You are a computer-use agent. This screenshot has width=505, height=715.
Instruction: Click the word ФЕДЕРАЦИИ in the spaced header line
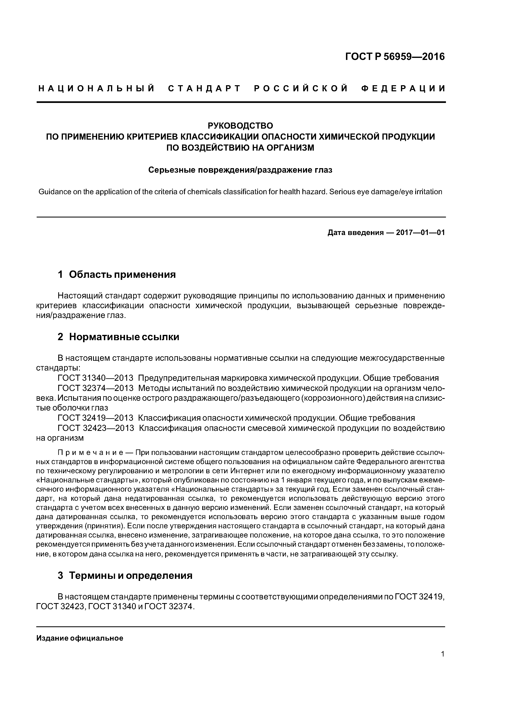[x=404, y=89]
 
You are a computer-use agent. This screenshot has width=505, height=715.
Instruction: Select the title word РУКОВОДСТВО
[x=240, y=126]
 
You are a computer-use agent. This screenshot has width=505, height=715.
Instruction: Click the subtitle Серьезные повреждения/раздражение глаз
[x=240, y=170]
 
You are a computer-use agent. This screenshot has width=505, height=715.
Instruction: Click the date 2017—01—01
[x=420, y=233]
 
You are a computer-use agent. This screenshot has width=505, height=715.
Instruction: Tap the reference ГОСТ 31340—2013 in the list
[x=96, y=378]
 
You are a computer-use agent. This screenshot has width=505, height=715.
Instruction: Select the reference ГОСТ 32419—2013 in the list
[x=96, y=418]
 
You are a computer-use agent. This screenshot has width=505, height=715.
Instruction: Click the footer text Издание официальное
[x=80, y=638]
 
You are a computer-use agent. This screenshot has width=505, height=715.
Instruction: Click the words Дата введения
[x=355, y=233]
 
